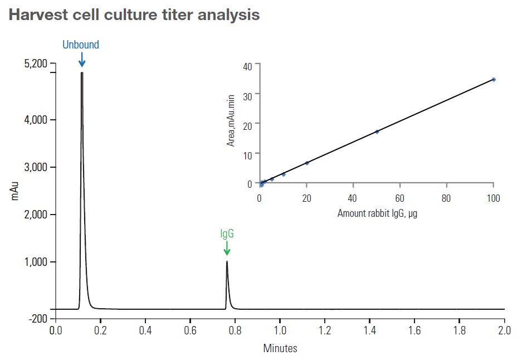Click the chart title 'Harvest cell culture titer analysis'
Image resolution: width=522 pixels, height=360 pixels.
pyautogui.click(x=134, y=15)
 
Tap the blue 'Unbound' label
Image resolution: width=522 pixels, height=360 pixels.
pyautogui.click(x=81, y=45)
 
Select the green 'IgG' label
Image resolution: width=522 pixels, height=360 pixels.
pyautogui.click(x=227, y=234)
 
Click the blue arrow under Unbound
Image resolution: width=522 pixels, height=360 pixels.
pyautogui.click(x=81, y=59)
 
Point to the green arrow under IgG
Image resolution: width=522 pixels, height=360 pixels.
pyautogui.click(x=227, y=249)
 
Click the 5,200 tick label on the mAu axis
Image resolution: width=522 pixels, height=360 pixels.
pyautogui.click(x=35, y=64)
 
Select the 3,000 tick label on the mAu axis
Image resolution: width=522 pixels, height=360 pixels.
pyautogui.click(x=35, y=167)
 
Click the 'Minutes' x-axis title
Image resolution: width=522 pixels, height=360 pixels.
pyautogui.click(x=280, y=349)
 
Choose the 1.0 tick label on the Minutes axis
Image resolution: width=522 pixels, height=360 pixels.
pyautogui.click(x=280, y=330)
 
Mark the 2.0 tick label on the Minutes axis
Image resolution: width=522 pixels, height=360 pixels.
pyautogui.click(x=504, y=330)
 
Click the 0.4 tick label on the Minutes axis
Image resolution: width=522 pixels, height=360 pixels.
pyautogui.click(x=145, y=330)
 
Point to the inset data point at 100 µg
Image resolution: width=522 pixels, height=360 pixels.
pyautogui.click(x=494, y=80)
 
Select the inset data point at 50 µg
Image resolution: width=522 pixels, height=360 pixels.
pyautogui.click(x=377, y=132)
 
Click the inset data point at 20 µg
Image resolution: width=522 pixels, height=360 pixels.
pyautogui.click(x=307, y=163)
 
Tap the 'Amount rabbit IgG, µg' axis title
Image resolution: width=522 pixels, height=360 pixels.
pyautogui.click(x=377, y=213)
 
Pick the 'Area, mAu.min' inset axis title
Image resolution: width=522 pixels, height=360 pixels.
pyautogui.click(x=231, y=120)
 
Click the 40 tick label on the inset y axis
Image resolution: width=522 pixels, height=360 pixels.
pyautogui.click(x=248, y=65)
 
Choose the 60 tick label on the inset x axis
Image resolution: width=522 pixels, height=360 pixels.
pyautogui.click(x=399, y=198)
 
